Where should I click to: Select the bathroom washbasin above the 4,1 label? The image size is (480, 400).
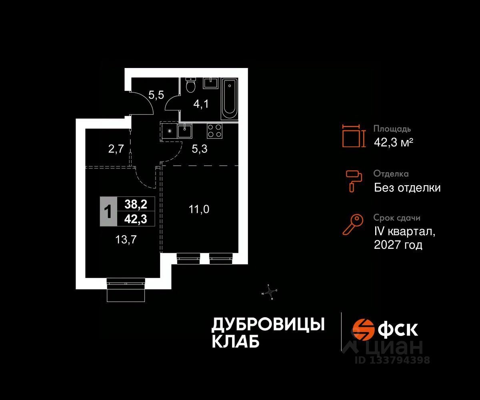click(210, 83)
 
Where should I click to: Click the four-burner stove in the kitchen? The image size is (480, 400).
click(214, 131)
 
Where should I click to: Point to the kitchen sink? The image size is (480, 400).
click(184, 130)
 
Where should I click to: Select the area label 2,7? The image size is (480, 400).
click(116, 150)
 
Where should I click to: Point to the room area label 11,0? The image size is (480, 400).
click(199, 209)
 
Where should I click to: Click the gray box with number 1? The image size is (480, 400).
click(108, 212)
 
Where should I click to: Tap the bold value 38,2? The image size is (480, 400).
click(136, 205)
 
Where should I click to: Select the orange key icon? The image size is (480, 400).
click(353, 224)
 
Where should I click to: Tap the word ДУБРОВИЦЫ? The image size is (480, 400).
click(268, 324)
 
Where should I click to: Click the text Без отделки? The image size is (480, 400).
click(407, 188)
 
